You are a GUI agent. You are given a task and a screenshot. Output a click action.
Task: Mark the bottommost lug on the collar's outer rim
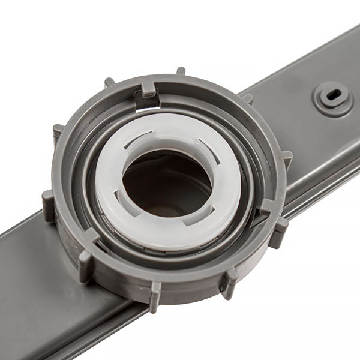click(155, 287)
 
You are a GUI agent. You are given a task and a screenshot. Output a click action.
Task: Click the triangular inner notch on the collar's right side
click(264, 211)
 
